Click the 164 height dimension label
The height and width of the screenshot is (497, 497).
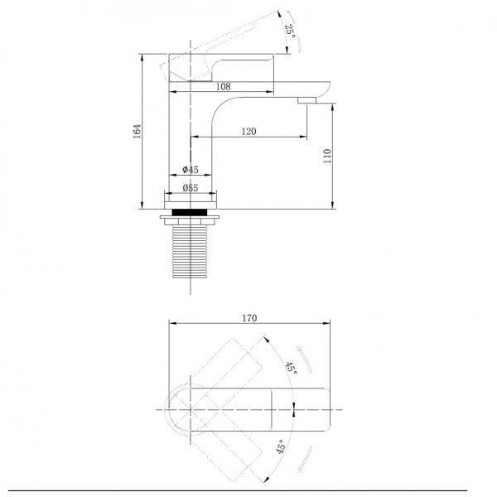click(137, 131)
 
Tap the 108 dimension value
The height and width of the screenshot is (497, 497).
click(223, 86)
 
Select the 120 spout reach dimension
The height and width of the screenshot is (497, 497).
click(248, 131)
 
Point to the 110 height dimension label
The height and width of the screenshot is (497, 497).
click(327, 156)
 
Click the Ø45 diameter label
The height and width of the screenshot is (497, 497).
click(191, 170)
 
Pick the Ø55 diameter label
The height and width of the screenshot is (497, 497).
click(191, 188)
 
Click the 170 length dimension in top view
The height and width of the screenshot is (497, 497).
click(249, 318)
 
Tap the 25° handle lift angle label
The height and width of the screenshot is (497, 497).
click(290, 31)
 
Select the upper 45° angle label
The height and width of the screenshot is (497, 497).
click(292, 368)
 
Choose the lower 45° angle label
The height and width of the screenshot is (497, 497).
click(281, 446)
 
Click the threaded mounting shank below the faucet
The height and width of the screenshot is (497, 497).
click(190, 251)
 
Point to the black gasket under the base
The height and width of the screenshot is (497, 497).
click(190, 212)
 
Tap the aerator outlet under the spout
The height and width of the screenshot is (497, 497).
click(306, 100)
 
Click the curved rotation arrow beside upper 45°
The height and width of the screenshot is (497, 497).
click(305, 359)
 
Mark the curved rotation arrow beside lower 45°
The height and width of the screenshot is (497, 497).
click(305, 460)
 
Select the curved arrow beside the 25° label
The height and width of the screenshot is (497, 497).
click(295, 31)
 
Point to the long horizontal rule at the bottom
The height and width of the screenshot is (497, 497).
click(238, 490)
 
